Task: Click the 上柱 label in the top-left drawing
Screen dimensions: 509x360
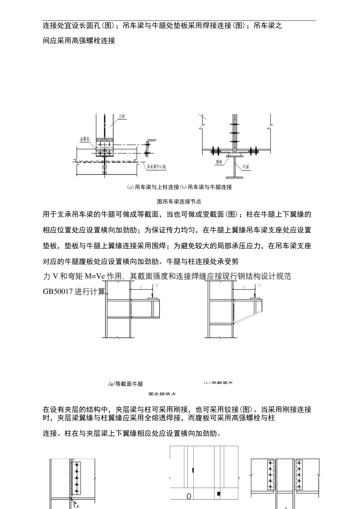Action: click(x=122, y=117)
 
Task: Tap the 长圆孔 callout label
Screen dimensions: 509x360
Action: click(x=85, y=139)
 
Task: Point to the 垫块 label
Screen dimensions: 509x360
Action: click(x=219, y=161)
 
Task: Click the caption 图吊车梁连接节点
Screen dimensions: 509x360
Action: click(x=179, y=201)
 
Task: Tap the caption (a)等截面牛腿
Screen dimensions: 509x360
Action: click(x=125, y=384)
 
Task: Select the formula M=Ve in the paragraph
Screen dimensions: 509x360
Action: click(x=94, y=276)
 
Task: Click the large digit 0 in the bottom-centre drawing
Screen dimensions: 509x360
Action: click(x=189, y=497)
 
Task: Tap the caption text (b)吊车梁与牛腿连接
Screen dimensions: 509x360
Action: click(x=210, y=187)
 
